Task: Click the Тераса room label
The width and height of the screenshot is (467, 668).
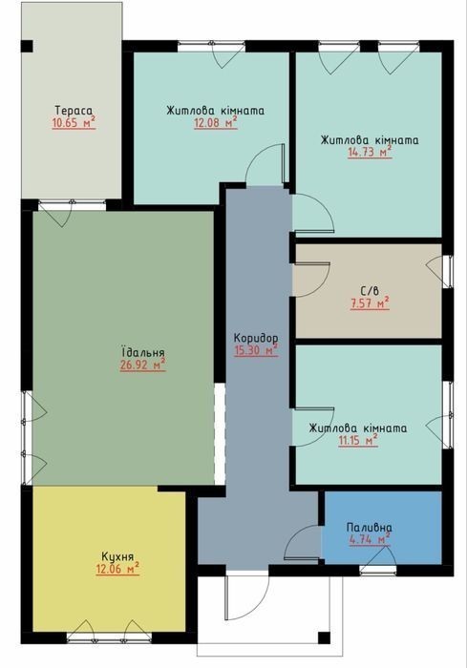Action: [x=74, y=111]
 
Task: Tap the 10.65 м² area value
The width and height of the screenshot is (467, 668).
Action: [x=74, y=123]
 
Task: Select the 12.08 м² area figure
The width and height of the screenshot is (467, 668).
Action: [x=216, y=123]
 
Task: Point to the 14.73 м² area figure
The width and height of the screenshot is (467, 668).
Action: [x=370, y=153]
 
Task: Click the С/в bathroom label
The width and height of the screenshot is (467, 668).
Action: [x=370, y=292]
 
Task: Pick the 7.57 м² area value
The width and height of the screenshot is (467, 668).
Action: [x=370, y=303]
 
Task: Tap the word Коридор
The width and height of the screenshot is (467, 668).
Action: [x=256, y=338]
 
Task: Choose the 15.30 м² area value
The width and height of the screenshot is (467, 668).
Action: [x=256, y=350]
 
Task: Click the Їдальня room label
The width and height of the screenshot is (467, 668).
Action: [x=143, y=353]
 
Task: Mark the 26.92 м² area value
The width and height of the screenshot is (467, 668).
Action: [x=143, y=365]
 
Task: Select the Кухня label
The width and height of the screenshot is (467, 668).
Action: [x=117, y=556]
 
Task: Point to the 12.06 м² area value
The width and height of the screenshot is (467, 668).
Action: [x=117, y=569]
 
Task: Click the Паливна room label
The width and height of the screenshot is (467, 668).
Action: [x=370, y=528]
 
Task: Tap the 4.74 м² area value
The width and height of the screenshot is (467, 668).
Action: [x=370, y=539]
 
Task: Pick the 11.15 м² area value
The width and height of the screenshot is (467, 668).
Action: [x=358, y=441]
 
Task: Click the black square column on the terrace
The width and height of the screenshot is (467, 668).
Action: [x=27, y=46]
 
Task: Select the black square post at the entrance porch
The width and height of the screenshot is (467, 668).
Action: [x=324, y=637]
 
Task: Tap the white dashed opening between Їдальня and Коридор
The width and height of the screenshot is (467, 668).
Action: [x=220, y=433]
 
